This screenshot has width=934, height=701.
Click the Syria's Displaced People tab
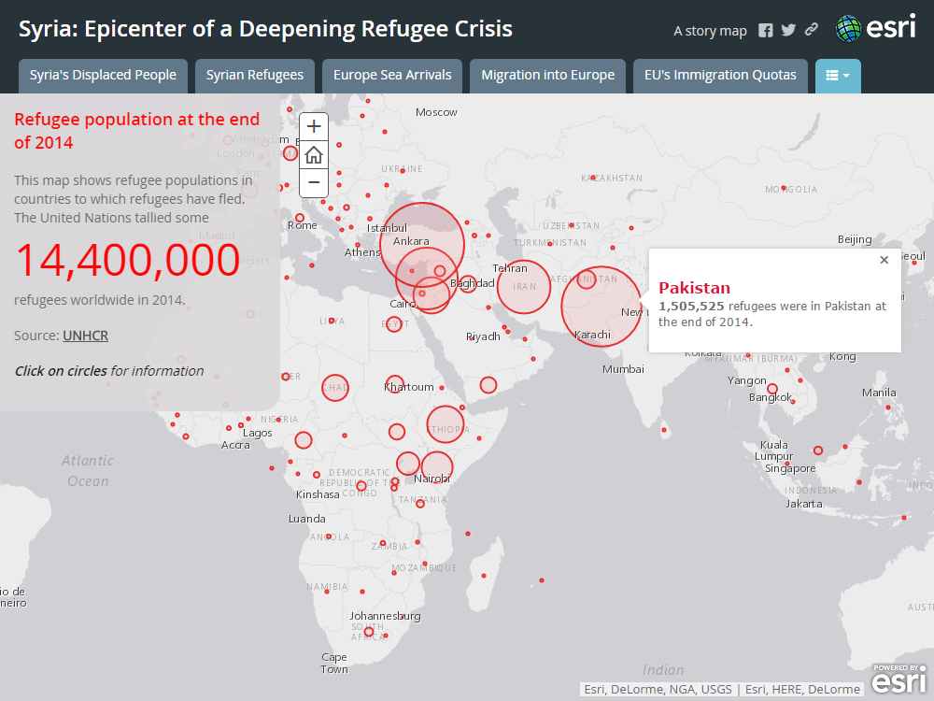(x=103, y=76)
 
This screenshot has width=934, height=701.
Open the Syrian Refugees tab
(x=255, y=76)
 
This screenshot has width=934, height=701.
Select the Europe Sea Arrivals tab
(x=392, y=76)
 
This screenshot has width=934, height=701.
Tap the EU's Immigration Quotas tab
(x=720, y=76)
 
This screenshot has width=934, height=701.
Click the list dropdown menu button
(x=838, y=76)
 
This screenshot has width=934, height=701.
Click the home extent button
(x=314, y=154)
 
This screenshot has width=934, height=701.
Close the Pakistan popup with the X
(x=884, y=260)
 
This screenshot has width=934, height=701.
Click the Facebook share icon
(x=766, y=31)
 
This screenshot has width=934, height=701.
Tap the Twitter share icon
(x=788, y=31)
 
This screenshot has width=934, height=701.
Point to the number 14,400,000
(x=127, y=261)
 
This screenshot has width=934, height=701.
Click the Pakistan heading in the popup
(x=694, y=288)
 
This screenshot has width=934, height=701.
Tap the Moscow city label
(x=436, y=112)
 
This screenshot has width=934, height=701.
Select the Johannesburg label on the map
(x=385, y=616)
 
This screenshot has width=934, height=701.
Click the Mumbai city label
(x=623, y=369)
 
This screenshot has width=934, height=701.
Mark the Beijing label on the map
(x=855, y=240)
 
